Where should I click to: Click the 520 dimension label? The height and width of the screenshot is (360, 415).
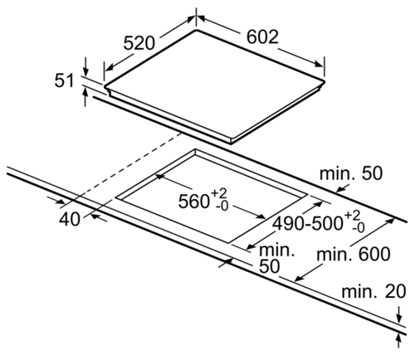click(139, 43)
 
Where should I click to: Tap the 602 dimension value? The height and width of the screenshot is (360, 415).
click(262, 36)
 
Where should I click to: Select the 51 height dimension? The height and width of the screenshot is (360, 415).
click(65, 80)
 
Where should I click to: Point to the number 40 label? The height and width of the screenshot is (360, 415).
click(70, 219)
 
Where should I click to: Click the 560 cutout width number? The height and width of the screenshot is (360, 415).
click(193, 201)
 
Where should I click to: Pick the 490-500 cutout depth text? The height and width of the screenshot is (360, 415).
click(308, 223)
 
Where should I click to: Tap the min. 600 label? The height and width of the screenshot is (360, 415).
click(354, 255)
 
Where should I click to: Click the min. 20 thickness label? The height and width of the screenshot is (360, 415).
click(373, 291)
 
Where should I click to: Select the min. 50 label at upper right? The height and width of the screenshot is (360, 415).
click(351, 173)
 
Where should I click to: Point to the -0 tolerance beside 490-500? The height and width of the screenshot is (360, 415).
click(358, 228)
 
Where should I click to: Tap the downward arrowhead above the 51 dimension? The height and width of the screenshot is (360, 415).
click(85, 72)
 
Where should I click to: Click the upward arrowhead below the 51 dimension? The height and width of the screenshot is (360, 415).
click(85, 92)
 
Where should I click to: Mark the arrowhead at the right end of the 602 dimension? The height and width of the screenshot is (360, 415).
click(319, 64)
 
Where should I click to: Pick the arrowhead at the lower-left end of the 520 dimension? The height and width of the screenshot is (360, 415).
click(109, 67)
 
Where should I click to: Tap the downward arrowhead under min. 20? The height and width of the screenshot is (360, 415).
click(398, 319)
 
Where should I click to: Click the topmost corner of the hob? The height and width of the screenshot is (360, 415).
click(196, 29)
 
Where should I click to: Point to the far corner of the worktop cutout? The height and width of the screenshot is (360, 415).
click(195, 149)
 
